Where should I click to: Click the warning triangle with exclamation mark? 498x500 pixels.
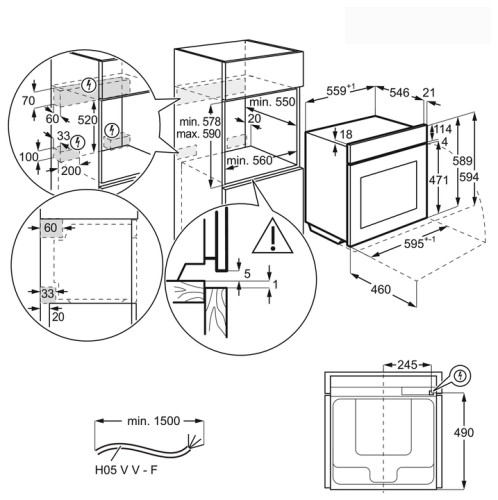(x=273, y=237)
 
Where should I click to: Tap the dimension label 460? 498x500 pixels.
(x=381, y=289)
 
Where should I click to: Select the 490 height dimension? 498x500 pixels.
(x=464, y=433)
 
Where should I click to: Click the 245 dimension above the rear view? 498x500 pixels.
(x=407, y=365)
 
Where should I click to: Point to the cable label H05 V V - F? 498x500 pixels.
(x=126, y=470)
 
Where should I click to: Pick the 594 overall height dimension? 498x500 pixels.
(x=469, y=177)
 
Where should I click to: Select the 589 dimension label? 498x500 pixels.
(x=462, y=161)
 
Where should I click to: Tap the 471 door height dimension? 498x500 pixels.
(x=439, y=180)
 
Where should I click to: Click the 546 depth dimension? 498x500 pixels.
(x=399, y=92)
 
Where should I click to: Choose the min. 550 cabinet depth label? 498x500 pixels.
(x=272, y=102)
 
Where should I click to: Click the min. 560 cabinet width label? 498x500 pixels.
(x=250, y=161)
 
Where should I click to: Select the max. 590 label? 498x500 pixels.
(x=198, y=134)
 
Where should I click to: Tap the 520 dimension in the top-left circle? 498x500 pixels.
(x=87, y=120)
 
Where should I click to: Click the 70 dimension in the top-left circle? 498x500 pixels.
(x=28, y=101)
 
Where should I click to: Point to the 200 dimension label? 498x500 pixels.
(x=71, y=171)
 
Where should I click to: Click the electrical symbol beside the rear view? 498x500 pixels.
(x=461, y=376)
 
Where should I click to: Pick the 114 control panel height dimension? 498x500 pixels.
(x=442, y=129)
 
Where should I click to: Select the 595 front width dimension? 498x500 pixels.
(x=419, y=243)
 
